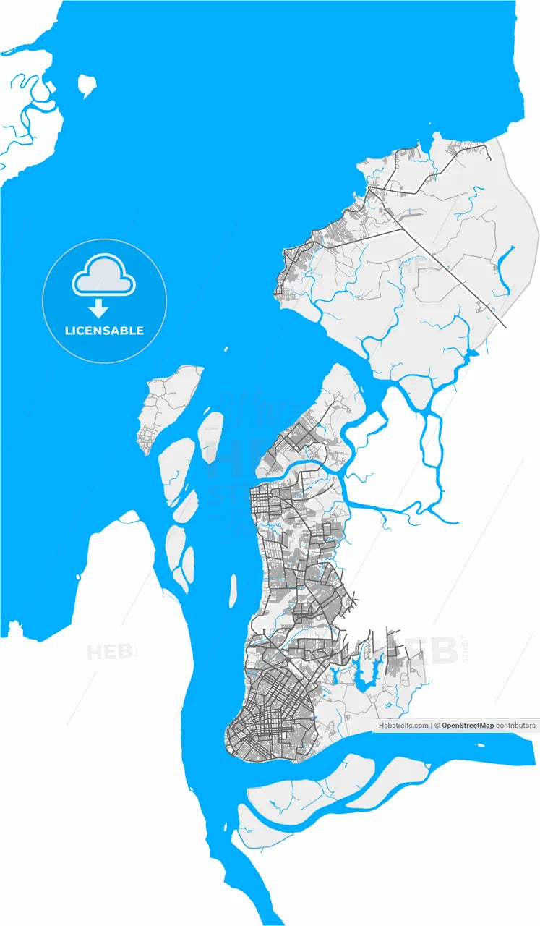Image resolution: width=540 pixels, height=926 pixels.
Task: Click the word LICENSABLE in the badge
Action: [x=104, y=331]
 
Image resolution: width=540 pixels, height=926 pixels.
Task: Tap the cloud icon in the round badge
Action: [x=104, y=276]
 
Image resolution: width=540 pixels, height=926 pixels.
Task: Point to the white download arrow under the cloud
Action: [x=99, y=310]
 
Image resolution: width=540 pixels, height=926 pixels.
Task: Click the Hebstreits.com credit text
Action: [x=403, y=725]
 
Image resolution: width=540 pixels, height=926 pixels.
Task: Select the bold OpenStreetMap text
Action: [x=468, y=725]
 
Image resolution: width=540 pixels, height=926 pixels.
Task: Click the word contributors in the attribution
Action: [x=516, y=725]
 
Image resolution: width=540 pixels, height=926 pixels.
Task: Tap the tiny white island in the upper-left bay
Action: [x=87, y=85]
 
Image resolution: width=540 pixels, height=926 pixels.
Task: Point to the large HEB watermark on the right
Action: [x=427, y=649]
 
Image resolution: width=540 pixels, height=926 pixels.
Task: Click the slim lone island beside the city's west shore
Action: [x=233, y=590]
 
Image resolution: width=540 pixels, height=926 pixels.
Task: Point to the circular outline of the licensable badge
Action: [x=43, y=300]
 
